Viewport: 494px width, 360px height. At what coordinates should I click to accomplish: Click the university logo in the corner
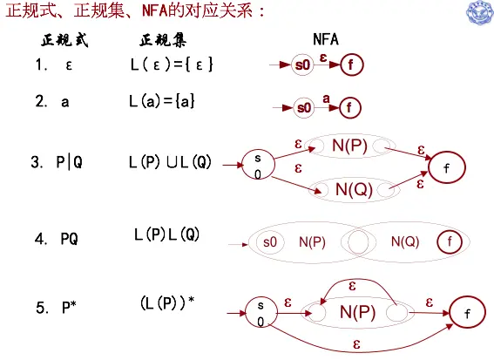[x=480, y=12]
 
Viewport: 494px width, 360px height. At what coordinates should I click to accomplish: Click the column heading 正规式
[x=64, y=40]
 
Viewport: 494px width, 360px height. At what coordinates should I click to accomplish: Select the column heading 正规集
[x=163, y=40]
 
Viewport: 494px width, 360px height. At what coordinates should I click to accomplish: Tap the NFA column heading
[x=326, y=39]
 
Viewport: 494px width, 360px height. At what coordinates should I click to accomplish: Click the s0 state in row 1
[x=302, y=65]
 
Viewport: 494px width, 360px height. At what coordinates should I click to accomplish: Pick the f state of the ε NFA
[x=352, y=65]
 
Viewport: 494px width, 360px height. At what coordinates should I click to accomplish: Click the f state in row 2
[x=349, y=108]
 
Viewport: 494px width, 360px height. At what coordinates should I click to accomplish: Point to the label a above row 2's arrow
[x=326, y=99]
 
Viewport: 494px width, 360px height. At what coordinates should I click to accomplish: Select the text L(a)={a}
[x=162, y=101]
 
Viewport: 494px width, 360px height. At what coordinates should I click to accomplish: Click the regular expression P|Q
[x=70, y=163]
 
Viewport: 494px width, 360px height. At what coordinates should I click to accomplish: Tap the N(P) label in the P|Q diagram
[x=349, y=146]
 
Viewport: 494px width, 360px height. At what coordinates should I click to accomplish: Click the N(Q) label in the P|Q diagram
[x=354, y=190]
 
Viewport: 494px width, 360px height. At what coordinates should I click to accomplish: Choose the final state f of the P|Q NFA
[x=447, y=167]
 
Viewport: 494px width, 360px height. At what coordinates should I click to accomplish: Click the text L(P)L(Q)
[x=167, y=234]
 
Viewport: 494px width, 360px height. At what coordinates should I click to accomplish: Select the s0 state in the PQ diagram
[x=270, y=242]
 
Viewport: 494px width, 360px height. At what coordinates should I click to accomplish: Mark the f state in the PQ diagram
[x=450, y=241]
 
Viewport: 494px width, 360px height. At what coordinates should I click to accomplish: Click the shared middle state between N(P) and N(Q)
[x=358, y=242]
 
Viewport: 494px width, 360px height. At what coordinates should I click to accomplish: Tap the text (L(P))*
[x=167, y=303]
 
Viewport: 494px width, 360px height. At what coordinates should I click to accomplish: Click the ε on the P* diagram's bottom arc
[x=356, y=343]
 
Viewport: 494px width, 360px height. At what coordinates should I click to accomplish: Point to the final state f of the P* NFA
[x=467, y=312]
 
